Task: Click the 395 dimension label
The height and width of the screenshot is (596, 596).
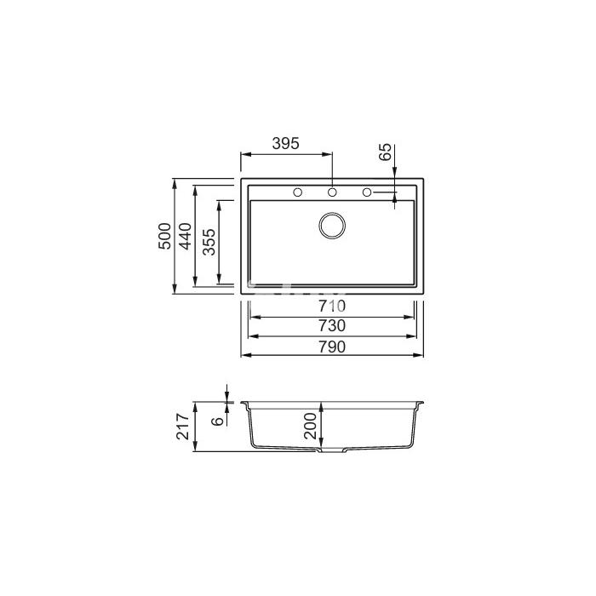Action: pos(286,143)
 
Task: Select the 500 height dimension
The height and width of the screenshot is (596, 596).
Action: pos(164,236)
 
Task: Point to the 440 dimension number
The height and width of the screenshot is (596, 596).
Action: pos(186,236)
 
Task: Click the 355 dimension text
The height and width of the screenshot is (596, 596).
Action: pos(209,242)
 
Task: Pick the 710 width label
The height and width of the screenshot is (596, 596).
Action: pos(332,306)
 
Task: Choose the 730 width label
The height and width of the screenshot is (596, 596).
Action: pos(332,326)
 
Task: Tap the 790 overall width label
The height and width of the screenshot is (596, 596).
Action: pos(332,347)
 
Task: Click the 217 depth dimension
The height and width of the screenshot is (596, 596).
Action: pos(183,427)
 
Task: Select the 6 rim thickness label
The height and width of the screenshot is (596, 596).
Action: pos(217,421)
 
